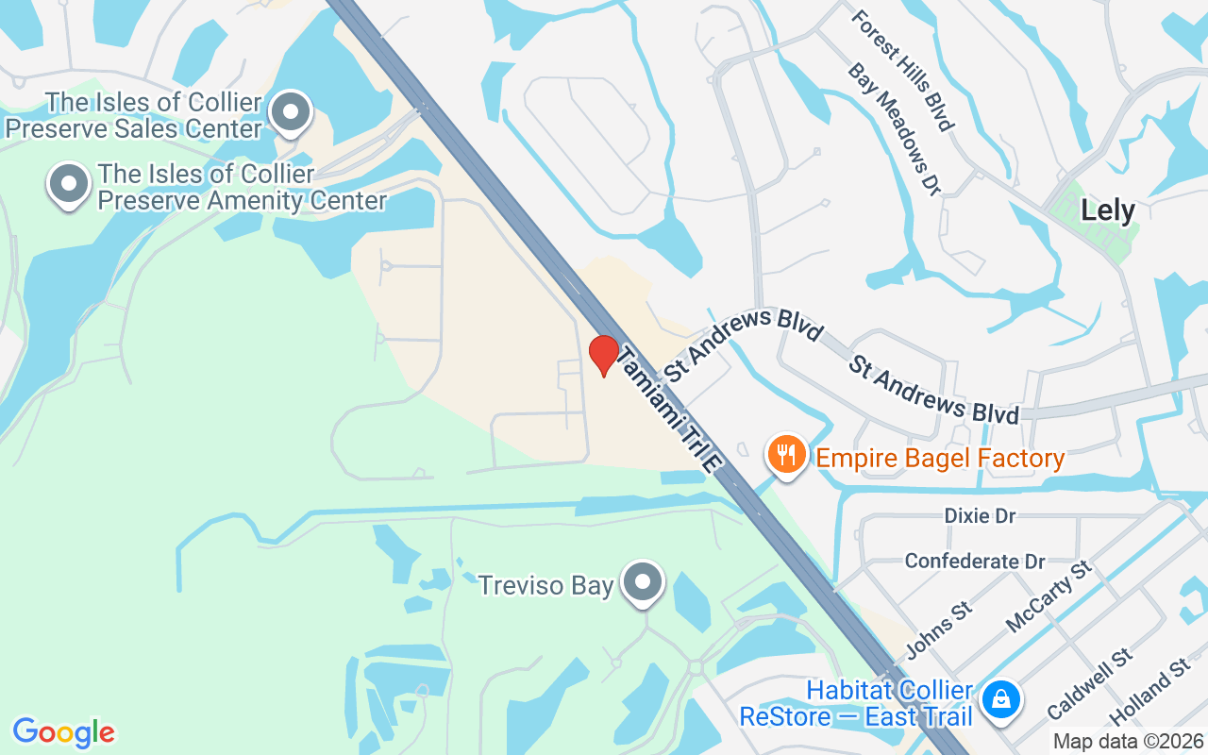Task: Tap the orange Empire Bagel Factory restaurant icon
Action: (x=785, y=456)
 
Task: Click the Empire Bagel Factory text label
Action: (x=940, y=460)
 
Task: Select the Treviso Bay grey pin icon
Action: (x=645, y=582)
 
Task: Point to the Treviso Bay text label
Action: (x=545, y=586)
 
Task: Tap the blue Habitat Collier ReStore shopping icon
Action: (x=998, y=699)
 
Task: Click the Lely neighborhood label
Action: (x=1108, y=210)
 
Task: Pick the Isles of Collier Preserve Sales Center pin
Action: (x=291, y=113)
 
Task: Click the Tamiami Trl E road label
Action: (x=671, y=408)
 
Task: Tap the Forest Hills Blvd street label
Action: (x=902, y=70)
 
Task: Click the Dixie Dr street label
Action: (x=980, y=516)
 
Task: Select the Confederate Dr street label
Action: (x=975, y=562)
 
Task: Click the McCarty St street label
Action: (x=1049, y=596)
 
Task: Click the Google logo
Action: (x=63, y=731)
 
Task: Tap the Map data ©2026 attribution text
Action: (x=1128, y=742)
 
